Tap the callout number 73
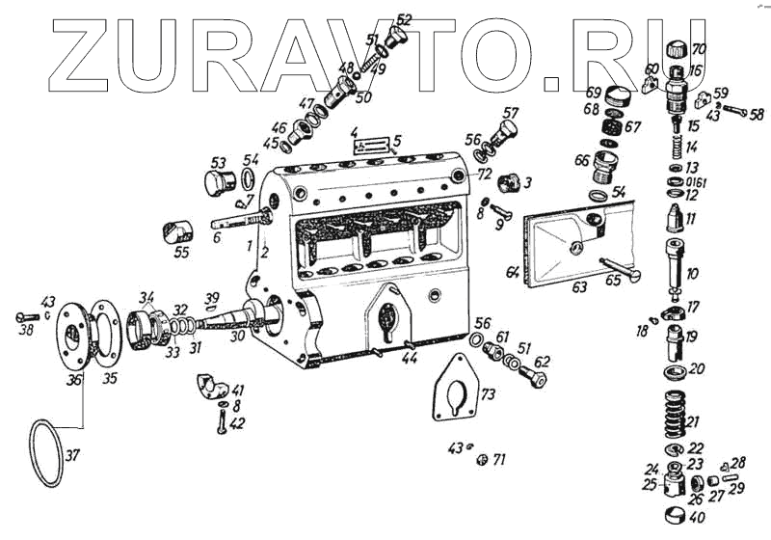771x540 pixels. (x=489, y=394)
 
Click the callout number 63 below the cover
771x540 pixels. (x=579, y=286)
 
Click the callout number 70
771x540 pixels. (x=699, y=48)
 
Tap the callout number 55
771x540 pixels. (x=180, y=252)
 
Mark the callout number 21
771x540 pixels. (x=694, y=421)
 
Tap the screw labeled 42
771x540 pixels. (x=223, y=421)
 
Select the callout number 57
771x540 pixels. (x=510, y=112)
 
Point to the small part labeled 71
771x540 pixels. (x=480, y=459)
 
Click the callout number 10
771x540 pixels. (x=693, y=274)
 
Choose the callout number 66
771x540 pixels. (x=582, y=160)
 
